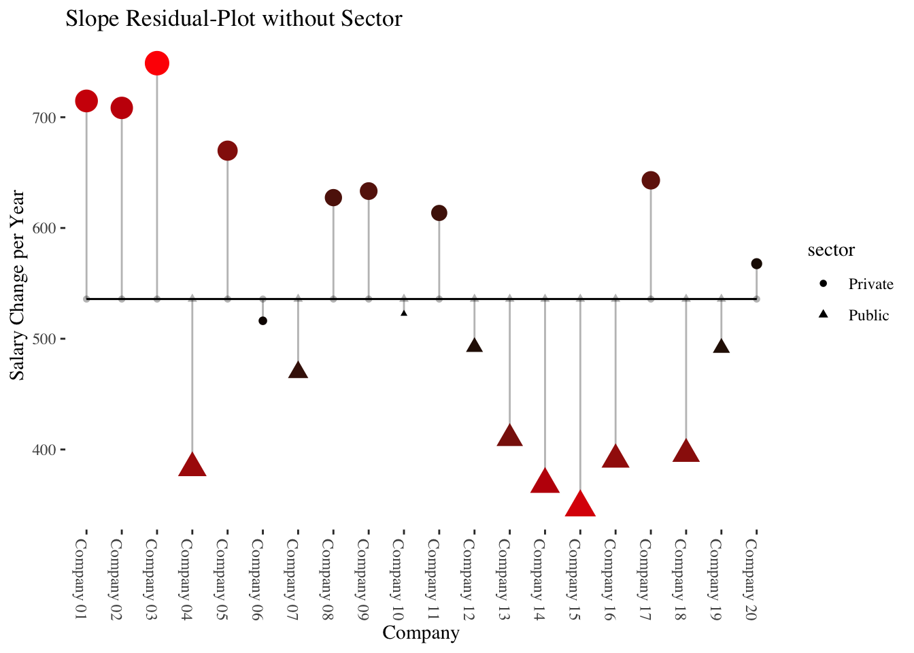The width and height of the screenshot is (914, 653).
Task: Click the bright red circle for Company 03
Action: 157,63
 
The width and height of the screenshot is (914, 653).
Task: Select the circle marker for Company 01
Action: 86,101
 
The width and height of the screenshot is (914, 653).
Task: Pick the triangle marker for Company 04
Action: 192,466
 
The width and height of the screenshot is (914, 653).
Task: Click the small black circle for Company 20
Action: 756,264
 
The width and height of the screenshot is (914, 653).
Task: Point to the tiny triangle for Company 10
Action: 404,313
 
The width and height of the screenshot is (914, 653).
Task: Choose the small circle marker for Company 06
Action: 263,321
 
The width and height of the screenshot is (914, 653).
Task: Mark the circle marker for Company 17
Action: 651,180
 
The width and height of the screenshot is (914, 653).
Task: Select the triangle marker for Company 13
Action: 509,436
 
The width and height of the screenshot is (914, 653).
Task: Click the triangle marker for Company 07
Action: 298,371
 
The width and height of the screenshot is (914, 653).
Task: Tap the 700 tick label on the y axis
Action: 43,118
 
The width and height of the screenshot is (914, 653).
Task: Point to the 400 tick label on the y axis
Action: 43,450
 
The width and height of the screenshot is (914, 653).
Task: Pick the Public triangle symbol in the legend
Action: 823,315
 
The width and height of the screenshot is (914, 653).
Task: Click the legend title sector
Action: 831,250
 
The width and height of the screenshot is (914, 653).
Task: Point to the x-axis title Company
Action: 421,633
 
